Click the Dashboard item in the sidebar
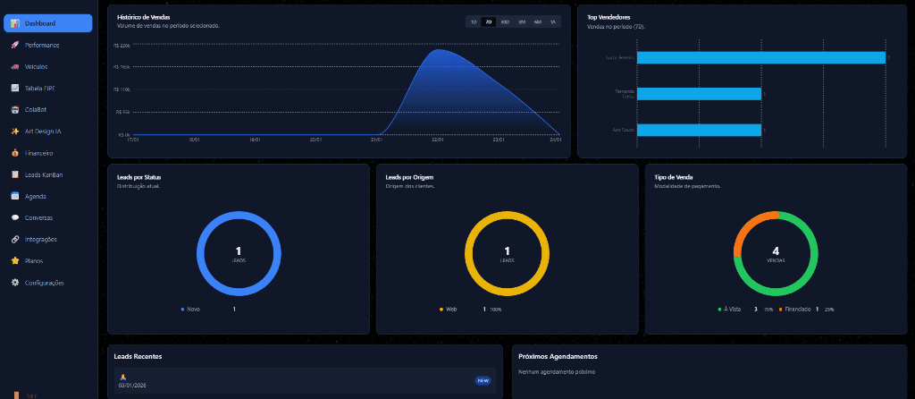coord(47,23)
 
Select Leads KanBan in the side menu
coord(44,174)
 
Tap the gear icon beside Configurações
coord(14,283)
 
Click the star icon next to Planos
coord(14,261)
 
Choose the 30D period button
coord(505,21)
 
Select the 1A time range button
coord(552,21)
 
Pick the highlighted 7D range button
coord(489,21)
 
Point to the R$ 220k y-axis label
coord(122,45)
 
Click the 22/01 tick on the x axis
coord(437,140)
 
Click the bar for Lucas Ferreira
coord(760,57)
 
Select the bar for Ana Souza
coord(699,130)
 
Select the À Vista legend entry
coord(732,309)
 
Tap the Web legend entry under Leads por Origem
coord(449,309)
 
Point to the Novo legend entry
coord(191,309)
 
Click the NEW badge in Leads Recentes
coord(483,380)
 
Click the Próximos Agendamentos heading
coord(558,356)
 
